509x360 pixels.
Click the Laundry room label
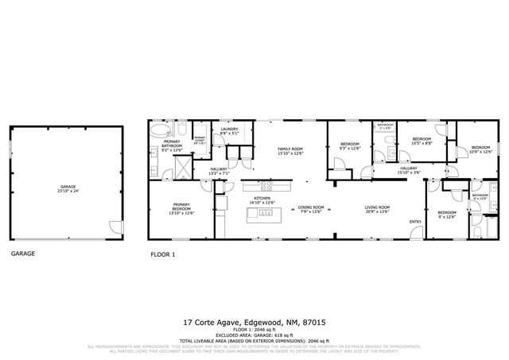(229, 131)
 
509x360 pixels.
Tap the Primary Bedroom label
(182, 208)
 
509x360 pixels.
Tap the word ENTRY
(415, 222)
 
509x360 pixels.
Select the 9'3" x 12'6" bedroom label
(350, 147)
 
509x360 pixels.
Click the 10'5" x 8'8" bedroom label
(421, 141)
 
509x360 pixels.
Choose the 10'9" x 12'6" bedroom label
(480, 149)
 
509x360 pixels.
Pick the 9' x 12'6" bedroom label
(446, 215)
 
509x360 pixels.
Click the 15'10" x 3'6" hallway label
(409, 169)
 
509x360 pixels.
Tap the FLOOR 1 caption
(163, 254)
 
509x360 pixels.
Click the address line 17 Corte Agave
(254, 323)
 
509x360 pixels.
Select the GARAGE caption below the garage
(22, 254)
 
